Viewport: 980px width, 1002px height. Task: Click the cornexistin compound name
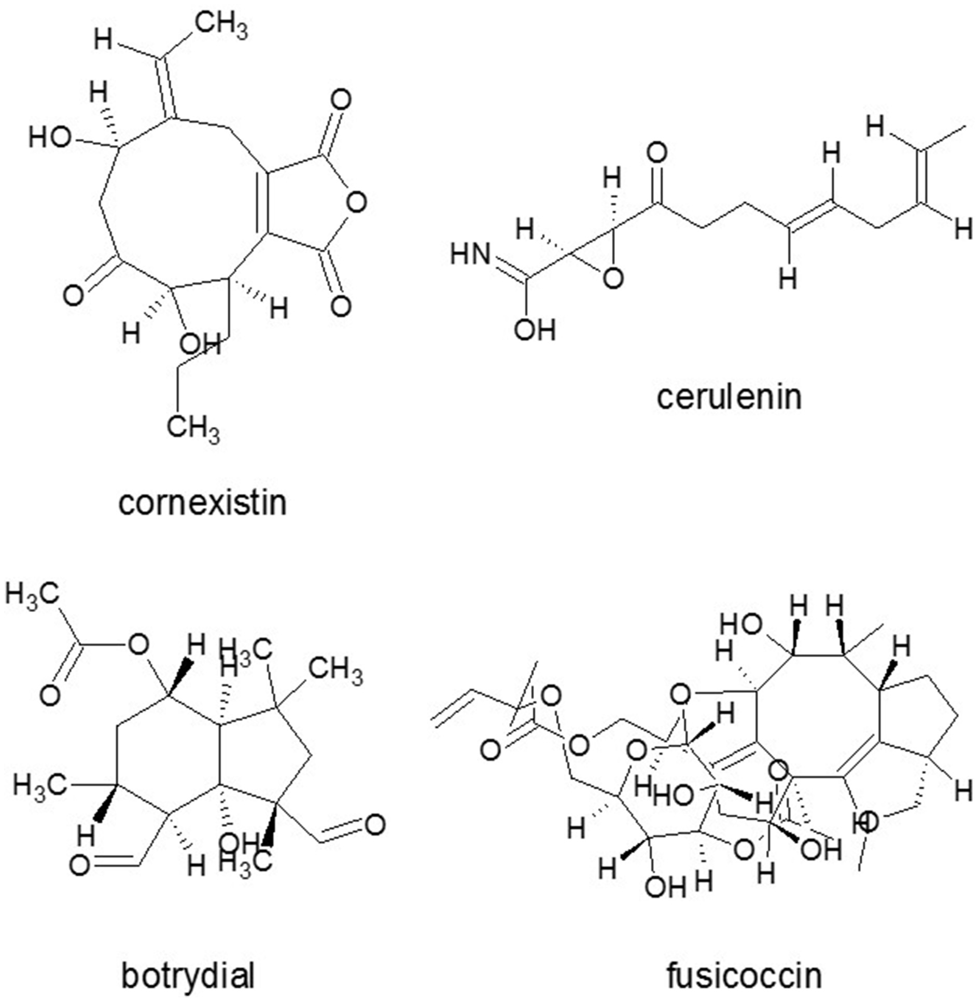(x=202, y=503)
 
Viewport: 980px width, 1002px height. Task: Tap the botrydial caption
(x=188, y=976)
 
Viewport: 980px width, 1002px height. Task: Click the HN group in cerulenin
(x=470, y=255)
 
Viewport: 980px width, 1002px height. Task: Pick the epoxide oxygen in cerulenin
(x=613, y=279)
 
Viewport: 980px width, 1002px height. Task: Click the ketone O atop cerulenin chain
(x=657, y=153)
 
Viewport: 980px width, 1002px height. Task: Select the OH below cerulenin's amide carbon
(x=535, y=330)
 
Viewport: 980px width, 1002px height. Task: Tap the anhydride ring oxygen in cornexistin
(x=356, y=202)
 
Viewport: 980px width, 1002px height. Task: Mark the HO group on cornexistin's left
(x=50, y=138)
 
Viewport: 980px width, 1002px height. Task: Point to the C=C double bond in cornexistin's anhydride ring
(x=262, y=202)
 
